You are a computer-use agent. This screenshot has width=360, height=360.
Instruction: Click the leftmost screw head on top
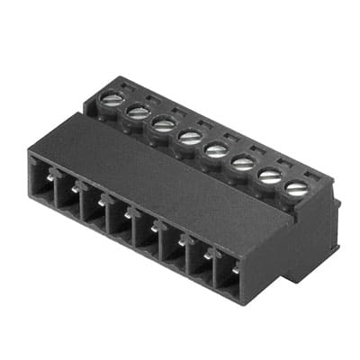(x=112, y=100)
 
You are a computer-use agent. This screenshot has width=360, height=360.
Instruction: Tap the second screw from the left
(x=138, y=112)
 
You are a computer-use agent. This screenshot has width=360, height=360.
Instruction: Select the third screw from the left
(x=163, y=123)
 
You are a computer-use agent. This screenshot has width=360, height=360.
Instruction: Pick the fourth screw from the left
(x=190, y=137)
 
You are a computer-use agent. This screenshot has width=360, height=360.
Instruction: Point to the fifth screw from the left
(x=216, y=149)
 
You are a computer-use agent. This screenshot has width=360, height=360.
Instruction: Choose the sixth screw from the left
(x=242, y=162)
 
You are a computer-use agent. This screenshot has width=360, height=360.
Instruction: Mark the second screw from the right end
(x=269, y=175)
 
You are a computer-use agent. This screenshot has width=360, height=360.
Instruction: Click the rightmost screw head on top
(x=296, y=188)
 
